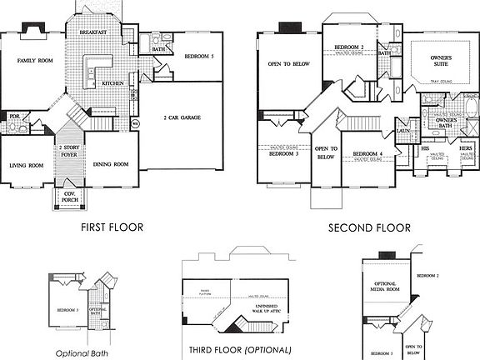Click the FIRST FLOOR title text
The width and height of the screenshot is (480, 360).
point(112,227)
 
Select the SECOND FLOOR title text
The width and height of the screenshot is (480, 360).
point(370,227)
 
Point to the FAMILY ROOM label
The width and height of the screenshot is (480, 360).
point(35,61)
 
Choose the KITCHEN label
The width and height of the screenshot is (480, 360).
point(113,84)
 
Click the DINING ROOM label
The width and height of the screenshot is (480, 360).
point(110,164)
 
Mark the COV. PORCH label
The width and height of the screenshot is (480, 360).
point(69,197)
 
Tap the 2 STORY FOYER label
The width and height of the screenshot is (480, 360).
point(69,150)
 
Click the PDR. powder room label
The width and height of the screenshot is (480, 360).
point(13,117)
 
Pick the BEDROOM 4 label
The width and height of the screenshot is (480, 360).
point(367,155)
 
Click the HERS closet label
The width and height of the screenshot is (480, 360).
point(465,148)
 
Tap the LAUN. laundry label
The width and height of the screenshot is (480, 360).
point(402,131)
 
